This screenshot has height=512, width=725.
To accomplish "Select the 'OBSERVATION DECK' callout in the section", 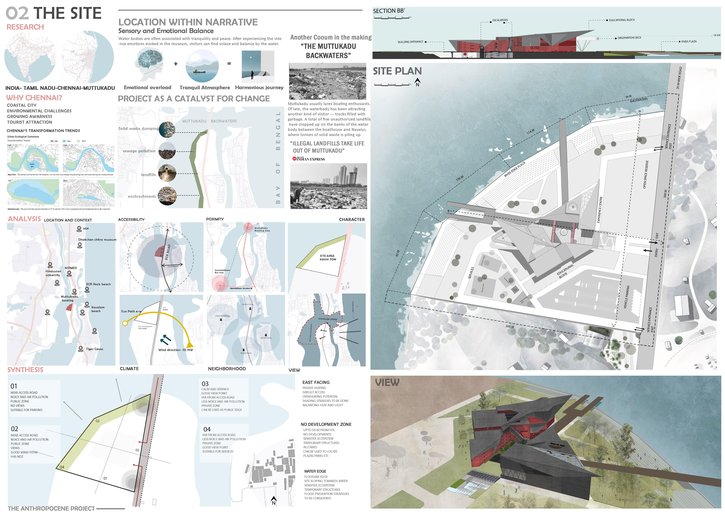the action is (x=629, y=38).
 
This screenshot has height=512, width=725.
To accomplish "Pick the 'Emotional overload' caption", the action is (x=147, y=88).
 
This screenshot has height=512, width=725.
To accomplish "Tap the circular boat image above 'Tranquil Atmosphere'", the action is (x=202, y=66).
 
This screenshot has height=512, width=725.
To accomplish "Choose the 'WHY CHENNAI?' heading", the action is (x=34, y=98).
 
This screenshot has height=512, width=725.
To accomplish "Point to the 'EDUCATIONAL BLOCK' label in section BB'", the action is (x=621, y=20).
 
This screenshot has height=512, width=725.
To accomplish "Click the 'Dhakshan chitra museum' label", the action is (x=97, y=240).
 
